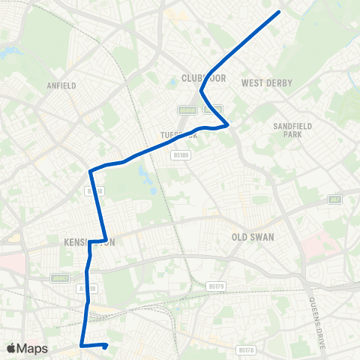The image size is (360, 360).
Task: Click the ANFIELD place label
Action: (x=61, y=85)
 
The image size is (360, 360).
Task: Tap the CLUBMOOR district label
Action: (x=199, y=78)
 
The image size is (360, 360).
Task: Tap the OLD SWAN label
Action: (x=253, y=236)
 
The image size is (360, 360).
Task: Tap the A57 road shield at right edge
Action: (x=334, y=199)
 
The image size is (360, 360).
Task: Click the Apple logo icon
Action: (x=11, y=348)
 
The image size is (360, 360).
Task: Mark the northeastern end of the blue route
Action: (x=279, y=12)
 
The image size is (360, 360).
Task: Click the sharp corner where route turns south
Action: (x=90, y=172)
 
